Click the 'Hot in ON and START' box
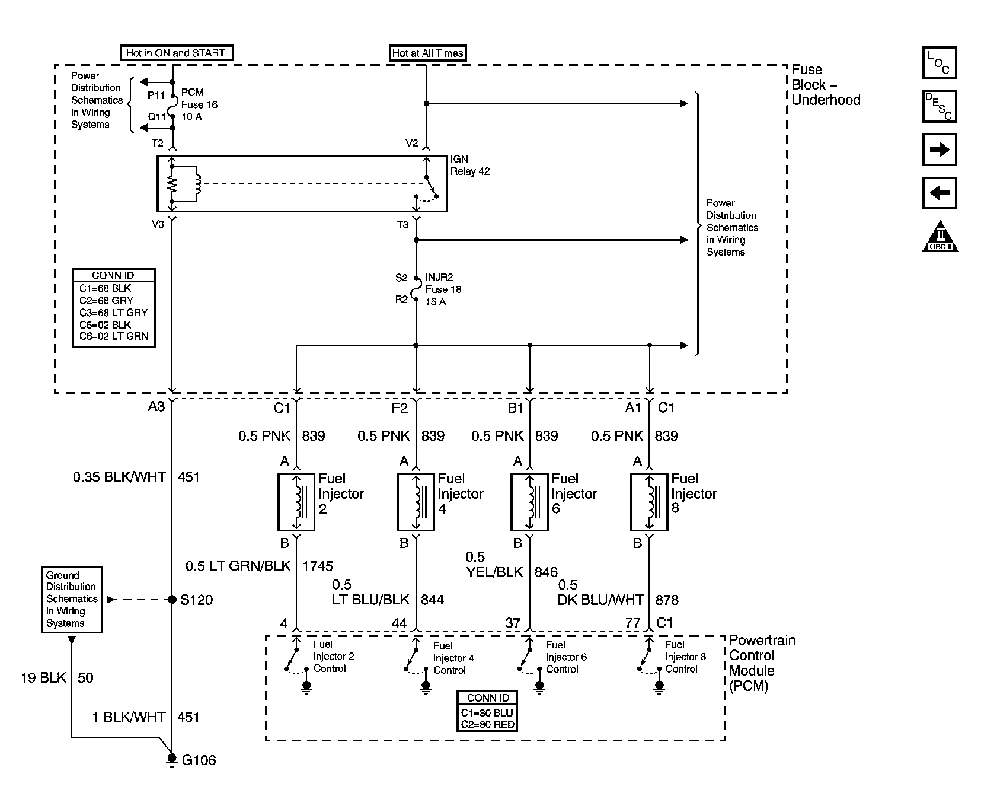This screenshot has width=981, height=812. (175, 53)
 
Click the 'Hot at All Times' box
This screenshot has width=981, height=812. (427, 53)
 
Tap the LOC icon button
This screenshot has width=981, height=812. (940, 63)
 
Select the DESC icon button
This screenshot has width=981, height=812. (940, 106)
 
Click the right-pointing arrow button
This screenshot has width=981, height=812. (940, 149)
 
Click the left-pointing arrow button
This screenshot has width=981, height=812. (940, 193)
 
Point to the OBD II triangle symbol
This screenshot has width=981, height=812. (940, 237)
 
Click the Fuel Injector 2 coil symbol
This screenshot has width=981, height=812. (296, 502)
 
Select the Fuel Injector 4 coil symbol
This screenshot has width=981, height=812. (416, 502)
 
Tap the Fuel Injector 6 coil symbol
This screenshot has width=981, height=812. (529, 502)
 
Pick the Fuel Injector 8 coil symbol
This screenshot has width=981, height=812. (649, 502)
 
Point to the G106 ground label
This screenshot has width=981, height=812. (199, 760)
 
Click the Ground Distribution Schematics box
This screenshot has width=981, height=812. (72, 599)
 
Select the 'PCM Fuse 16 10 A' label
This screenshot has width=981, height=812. (199, 105)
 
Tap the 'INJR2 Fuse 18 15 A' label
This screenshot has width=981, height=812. (443, 289)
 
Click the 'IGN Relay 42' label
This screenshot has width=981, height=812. (470, 165)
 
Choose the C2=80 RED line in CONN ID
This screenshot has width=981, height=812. (488, 724)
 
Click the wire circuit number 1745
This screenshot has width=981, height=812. (318, 566)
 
